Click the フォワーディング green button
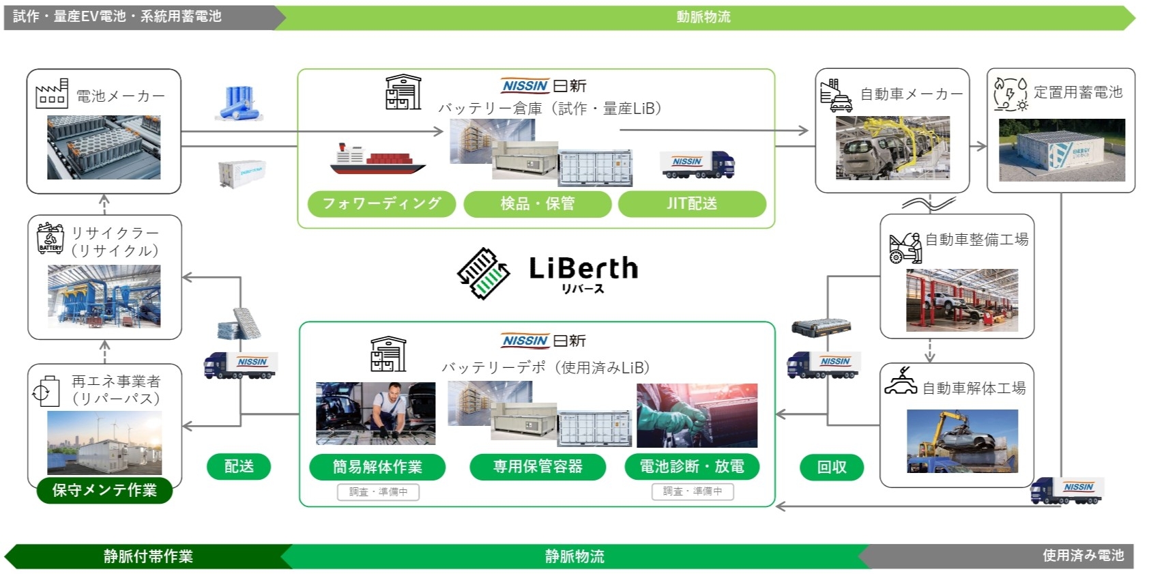coord(381,203)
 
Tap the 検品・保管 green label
coord(537,203)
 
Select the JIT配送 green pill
coord(692,203)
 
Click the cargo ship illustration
coord(377,159)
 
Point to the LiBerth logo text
coord(583,269)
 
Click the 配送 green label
coord(239,467)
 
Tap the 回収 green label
coord(832,467)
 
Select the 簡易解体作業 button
coord(377,467)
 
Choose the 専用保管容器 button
coord(538,467)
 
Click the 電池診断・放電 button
coord(692,467)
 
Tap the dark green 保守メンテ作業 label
coord(104,490)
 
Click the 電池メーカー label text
coord(120,96)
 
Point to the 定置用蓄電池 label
coord(1078,92)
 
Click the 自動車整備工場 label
coord(976,240)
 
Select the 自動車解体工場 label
coord(974,388)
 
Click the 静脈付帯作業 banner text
coord(148,556)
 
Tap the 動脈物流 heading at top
coord(703,17)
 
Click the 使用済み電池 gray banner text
coord(1083,556)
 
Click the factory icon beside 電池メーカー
coord(52,94)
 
